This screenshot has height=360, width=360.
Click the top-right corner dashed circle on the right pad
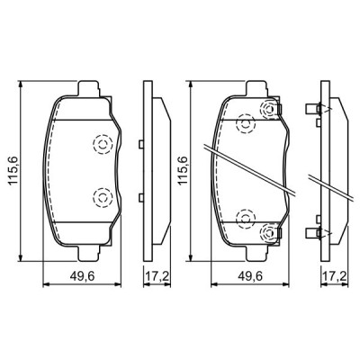click(268, 109)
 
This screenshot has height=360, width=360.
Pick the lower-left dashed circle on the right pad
click(245, 219)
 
